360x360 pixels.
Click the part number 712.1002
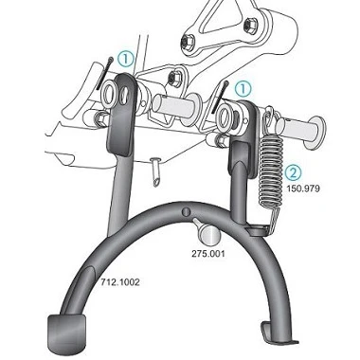120,282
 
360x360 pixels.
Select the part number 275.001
208,253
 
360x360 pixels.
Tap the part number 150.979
303,189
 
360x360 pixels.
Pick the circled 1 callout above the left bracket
126,60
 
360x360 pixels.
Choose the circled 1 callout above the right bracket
243,89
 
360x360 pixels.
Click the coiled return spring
271,171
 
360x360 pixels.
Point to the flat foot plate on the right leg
278,333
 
